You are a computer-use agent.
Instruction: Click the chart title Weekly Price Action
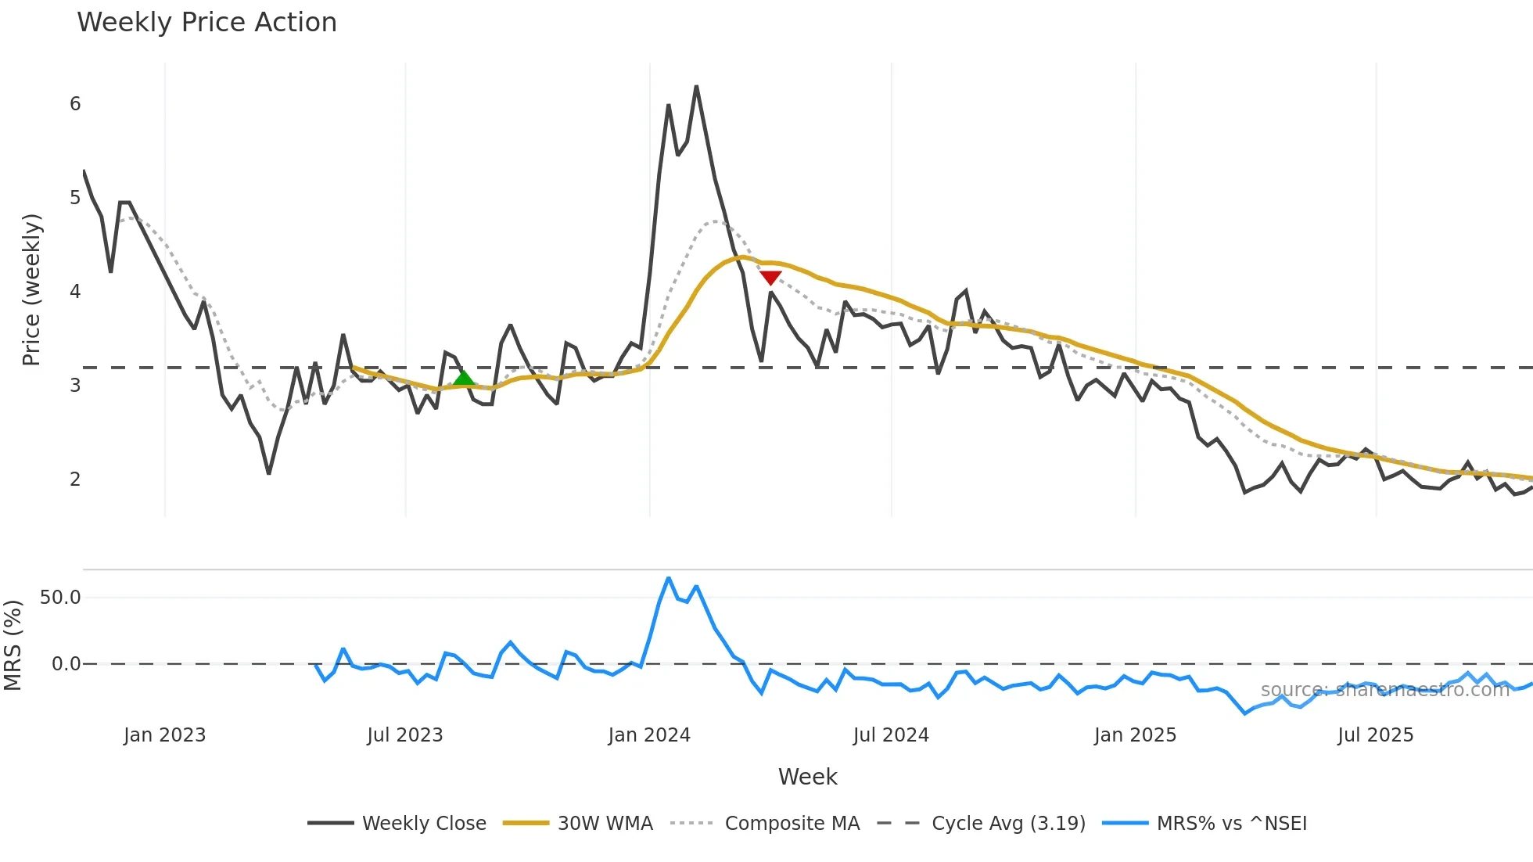click(x=206, y=23)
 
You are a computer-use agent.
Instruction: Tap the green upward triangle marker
click(x=464, y=379)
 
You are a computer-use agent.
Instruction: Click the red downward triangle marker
click(x=770, y=278)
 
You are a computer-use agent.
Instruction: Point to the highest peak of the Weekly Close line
click(x=696, y=87)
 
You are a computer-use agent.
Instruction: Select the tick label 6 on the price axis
click(x=75, y=104)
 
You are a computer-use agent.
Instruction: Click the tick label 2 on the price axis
click(x=75, y=479)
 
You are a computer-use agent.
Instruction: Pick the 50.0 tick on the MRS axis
click(x=60, y=598)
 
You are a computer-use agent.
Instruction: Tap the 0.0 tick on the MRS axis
click(x=66, y=664)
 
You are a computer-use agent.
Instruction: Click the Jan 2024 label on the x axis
click(x=649, y=735)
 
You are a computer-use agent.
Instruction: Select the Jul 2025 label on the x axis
click(x=1375, y=735)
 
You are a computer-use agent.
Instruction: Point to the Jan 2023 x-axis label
click(x=164, y=735)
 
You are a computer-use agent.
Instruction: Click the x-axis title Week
click(x=807, y=777)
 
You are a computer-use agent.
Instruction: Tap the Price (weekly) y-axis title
click(x=31, y=289)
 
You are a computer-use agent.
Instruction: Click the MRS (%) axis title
click(x=13, y=645)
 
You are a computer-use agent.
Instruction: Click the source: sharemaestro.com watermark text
click(x=1384, y=690)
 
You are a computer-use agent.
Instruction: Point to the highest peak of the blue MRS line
click(x=668, y=578)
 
